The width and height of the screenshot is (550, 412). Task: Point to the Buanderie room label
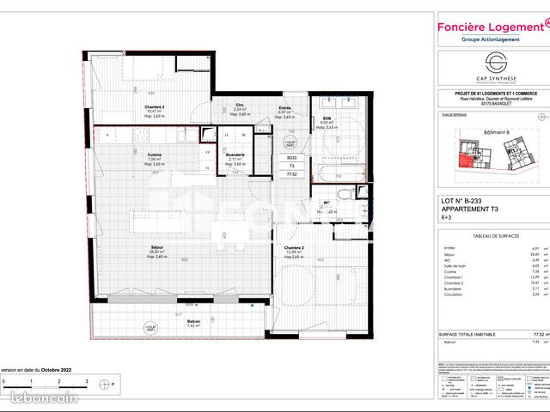[x=236, y=154]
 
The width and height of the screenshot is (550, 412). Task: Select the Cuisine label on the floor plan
[x=155, y=154]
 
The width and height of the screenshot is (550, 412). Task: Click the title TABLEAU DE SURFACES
[x=491, y=238]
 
